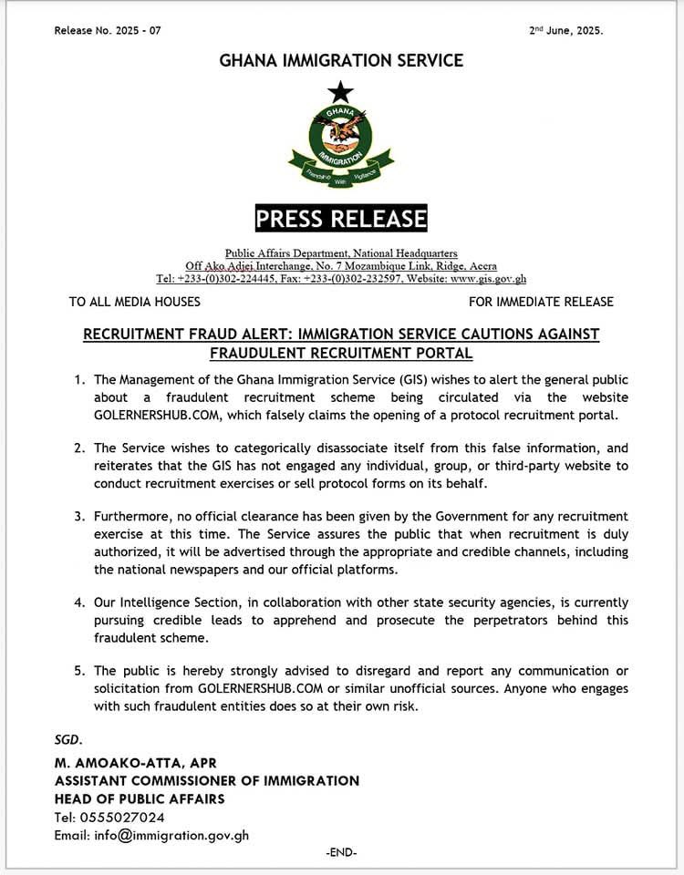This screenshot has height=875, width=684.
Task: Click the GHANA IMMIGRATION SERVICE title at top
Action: point(341,61)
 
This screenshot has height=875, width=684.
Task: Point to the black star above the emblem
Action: point(341,91)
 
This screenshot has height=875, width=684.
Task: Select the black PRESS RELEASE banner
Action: point(341,219)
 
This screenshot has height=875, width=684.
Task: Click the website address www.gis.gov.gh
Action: point(488,279)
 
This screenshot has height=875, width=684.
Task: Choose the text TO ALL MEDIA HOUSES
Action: point(135,302)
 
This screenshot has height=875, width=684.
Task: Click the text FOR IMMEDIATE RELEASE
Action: point(541,302)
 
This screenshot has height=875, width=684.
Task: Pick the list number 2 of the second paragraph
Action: point(80,448)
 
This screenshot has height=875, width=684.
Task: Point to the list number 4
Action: point(80,602)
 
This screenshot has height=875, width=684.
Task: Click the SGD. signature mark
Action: point(68,739)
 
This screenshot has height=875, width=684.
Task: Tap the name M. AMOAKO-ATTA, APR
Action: point(135,763)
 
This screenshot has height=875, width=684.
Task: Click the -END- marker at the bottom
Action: point(341,852)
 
